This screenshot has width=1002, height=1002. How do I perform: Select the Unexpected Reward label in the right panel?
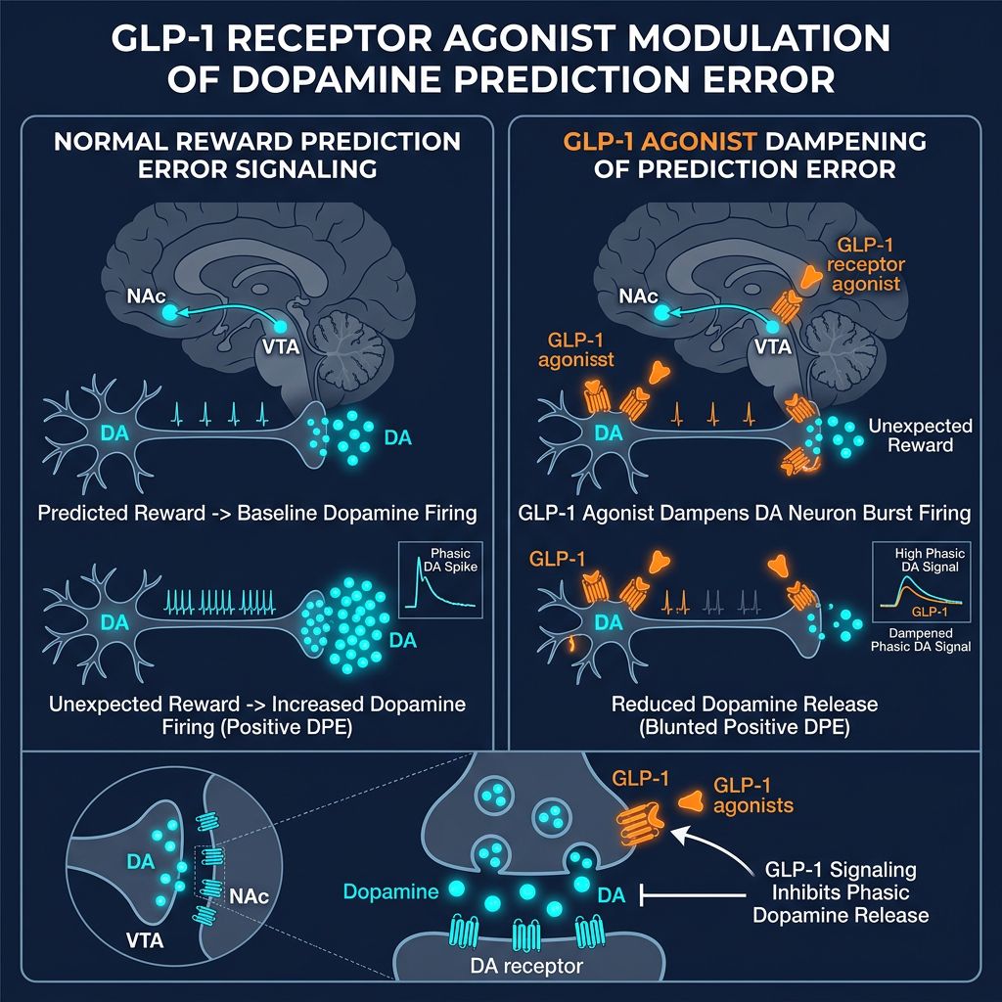click(919, 436)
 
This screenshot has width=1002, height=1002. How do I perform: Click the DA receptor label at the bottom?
click(517, 967)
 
